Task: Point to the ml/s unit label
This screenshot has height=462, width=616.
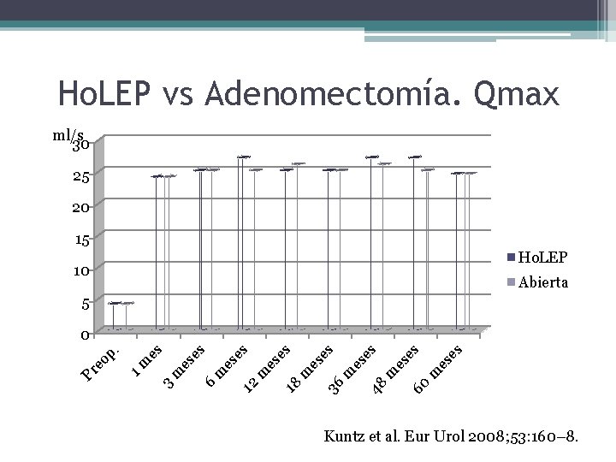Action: coord(68,136)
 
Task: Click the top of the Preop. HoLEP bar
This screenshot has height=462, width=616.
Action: coord(115,303)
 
